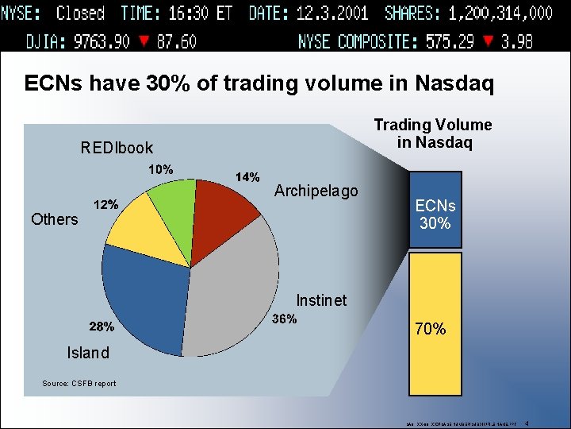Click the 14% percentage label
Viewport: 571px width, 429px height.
pyautogui.click(x=248, y=177)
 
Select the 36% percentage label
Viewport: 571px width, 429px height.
pyautogui.click(x=284, y=319)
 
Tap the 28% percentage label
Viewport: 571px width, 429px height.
pyautogui.click(x=101, y=327)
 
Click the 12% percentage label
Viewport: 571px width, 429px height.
pyautogui.click(x=106, y=204)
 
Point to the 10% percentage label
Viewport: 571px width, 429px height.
pyautogui.click(x=161, y=169)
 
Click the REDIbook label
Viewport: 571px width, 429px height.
pyautogui.click(x=117, y=148)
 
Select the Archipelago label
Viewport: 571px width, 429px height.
pyautogui.click(x=316, y=191)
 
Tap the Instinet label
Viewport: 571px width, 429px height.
pyautogui.click(x=321, y=300)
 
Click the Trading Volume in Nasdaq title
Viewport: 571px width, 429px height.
pyautogui.click(x=433, y=133)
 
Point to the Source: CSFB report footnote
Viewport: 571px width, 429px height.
pyautogui.click(x=79, y=384)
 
